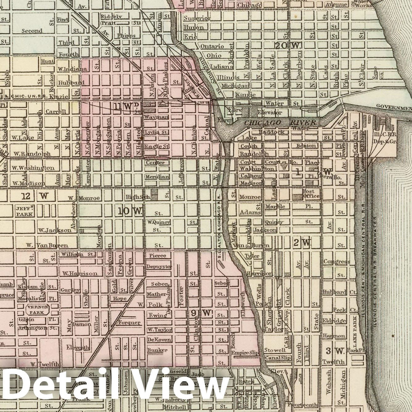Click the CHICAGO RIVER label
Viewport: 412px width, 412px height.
(x=280, y=123)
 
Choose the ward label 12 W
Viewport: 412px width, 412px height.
(x=35, y=196)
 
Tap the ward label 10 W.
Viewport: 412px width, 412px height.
(x=129, y=211)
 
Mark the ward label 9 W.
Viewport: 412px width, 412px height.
(x=201, y=313)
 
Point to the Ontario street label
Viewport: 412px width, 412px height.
(x=212, y=46)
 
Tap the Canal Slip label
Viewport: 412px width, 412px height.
(x=278, y=358)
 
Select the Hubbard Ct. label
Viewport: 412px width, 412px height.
(x=340, y=292)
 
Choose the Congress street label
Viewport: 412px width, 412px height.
(x=336, y=262)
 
